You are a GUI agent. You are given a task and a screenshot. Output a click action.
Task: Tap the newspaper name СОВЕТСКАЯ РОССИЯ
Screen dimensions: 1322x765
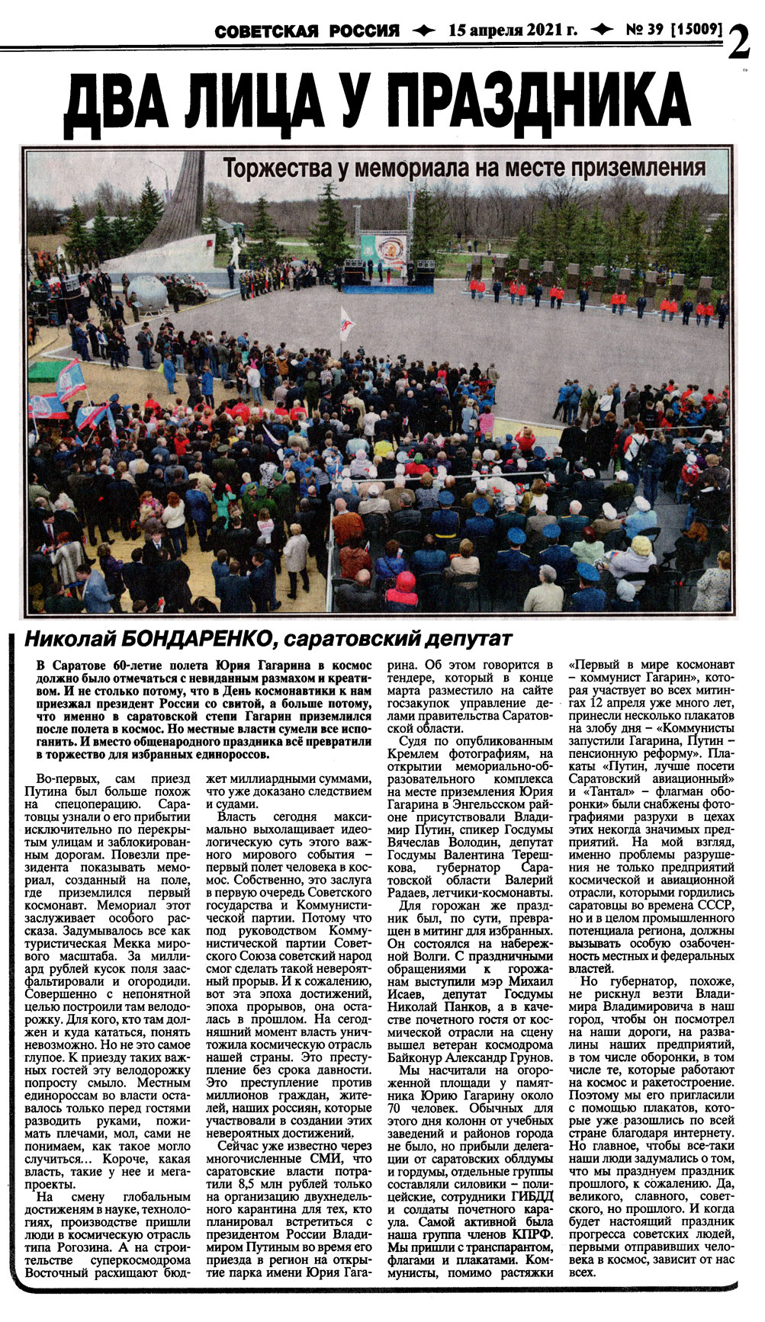(x=307, y=31)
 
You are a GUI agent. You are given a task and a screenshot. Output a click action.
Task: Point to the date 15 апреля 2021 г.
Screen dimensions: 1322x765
(x=513, y=30)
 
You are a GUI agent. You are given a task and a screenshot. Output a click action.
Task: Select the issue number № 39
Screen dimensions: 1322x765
(x=644, y=30)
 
